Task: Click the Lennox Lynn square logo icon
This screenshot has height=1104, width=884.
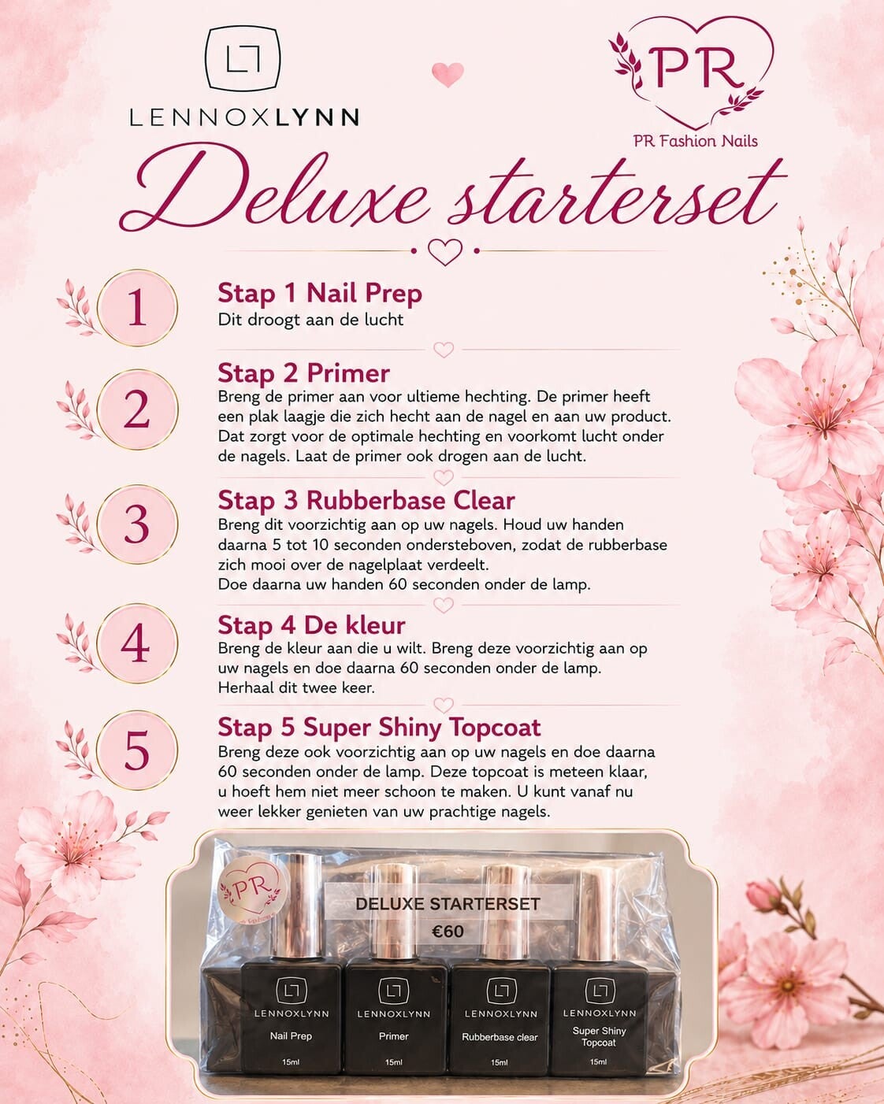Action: click(x=243, y=60)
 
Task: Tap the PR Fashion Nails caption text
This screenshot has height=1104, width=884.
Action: click(x=696, y=141)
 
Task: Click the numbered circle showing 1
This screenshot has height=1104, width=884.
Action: click(x=137, y=308)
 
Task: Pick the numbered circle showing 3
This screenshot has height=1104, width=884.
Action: click(x=137, y=524)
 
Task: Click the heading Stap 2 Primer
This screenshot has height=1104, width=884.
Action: click(x=303, y=373)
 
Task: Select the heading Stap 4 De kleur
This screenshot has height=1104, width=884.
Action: click(x=311, y=625)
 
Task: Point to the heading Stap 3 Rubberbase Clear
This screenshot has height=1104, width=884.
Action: click(x=366, y=500)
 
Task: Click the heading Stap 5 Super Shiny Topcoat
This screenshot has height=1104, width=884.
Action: click(x=380, y=728)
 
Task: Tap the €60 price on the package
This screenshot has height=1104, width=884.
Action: click(x=448, y=931)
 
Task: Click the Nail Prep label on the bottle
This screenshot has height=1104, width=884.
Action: click(x=291, y=1036)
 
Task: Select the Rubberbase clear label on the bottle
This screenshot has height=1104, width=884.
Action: click(x=500, y=1037)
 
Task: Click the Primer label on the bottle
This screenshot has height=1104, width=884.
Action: click(x=394, y=1036)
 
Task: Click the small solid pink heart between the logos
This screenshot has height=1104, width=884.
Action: click(x=448, y=74)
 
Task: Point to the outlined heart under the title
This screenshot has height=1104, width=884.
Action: click(x=445, y=252)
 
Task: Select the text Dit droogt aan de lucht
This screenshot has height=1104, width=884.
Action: click(x=310, y=320)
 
